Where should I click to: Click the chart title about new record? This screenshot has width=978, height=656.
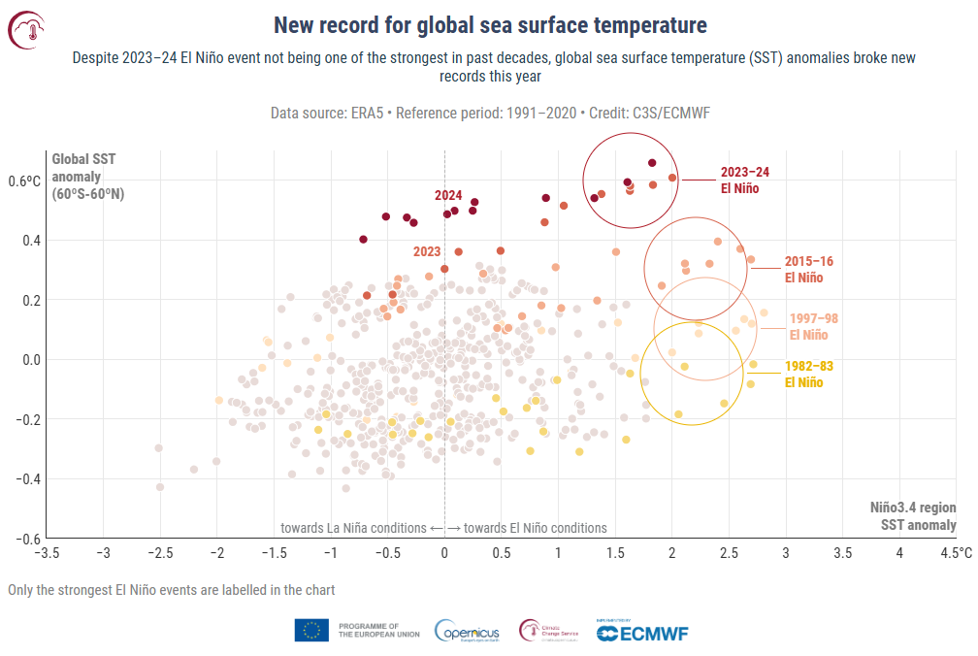(x=489, y=24)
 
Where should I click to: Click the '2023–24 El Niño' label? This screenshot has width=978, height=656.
(x=744, y=180)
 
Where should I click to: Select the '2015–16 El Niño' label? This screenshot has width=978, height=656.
(x=808, y=269)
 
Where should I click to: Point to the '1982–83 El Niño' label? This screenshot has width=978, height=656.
(x=808, y=374)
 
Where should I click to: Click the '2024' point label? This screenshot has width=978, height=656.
(x=447, y=195)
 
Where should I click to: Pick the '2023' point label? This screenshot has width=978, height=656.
(x=427, y=251)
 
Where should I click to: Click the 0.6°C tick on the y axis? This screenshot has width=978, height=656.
(x=26, y=180)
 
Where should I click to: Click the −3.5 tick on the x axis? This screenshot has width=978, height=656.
(x=46, y=553)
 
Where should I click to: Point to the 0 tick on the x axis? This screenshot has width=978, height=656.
(x=444, y=553)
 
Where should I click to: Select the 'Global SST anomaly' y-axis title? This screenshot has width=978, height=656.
(x=87, y=176)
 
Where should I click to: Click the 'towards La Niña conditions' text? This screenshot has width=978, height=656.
(x=352, y=528)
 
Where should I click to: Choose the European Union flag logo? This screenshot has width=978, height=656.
(x=311, y=631)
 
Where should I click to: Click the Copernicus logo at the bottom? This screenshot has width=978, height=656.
(x=467, y=631)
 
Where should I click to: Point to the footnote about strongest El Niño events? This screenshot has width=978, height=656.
(x=171, y=589)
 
